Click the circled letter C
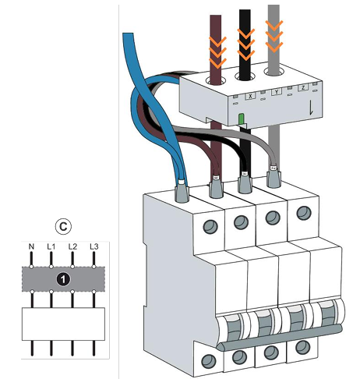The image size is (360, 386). click(x=63, y=227)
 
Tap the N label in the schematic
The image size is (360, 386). click(x=31, y=246)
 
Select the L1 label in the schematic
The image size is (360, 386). click(x=51, y=246)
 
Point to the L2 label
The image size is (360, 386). click(x=72, y=246)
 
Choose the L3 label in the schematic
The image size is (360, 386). click(x=94, y=246)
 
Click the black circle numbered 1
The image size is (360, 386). click(x=63, y=279)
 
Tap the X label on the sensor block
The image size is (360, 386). click(x=250, y=96)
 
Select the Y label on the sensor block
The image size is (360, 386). click(x=277, y=92)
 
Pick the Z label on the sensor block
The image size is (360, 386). click(x=303, y=88)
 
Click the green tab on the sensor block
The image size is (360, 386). click(x=242, y=119)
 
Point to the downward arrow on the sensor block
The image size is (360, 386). click(x=311, y=108)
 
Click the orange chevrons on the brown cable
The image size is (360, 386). click(x=217, y=51)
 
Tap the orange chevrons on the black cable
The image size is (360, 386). click(x=245, y=43)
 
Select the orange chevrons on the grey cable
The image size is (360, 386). click(x=274, y=35)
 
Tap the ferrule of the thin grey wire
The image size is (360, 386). click(x=274, y=176)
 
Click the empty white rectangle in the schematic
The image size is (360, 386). click(x=63, y=324)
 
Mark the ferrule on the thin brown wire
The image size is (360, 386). click(x=216, y=186)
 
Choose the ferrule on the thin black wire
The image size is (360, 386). click(x=245, y=182)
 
